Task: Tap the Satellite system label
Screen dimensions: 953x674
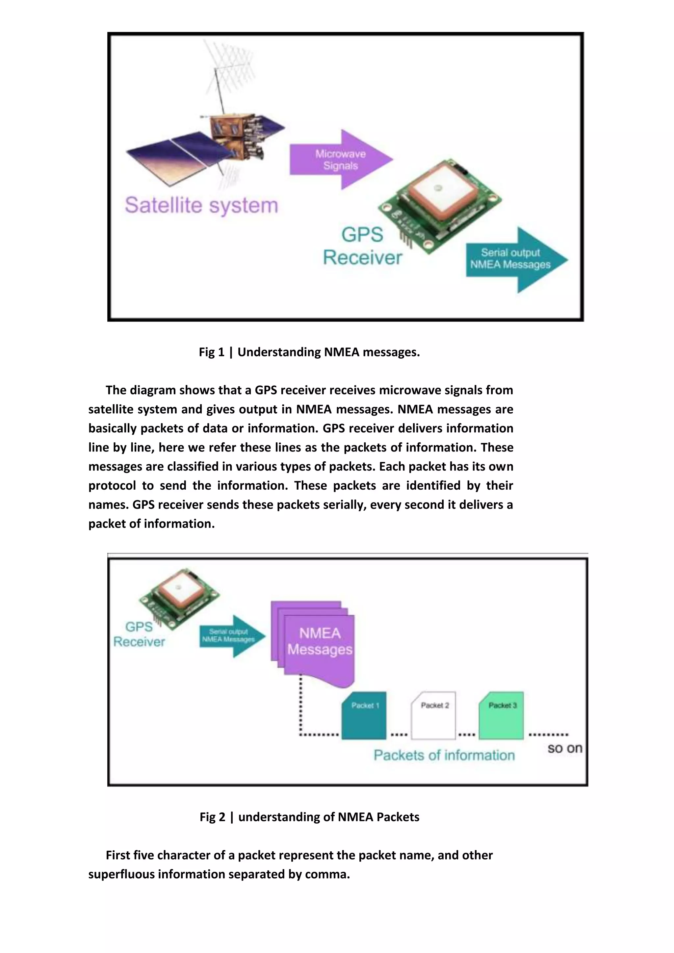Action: pyautogui.click(x=201, y=205)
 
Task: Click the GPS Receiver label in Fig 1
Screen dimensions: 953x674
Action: pyautogui.click(x=362, y=246)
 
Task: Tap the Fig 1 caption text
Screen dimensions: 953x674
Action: pyautogui.click(x=309, y=352)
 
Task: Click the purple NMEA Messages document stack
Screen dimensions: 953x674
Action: pyautogui.click(x=315, y=641)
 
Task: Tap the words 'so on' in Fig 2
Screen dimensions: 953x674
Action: pyautogui.click(x=564, y=748)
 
